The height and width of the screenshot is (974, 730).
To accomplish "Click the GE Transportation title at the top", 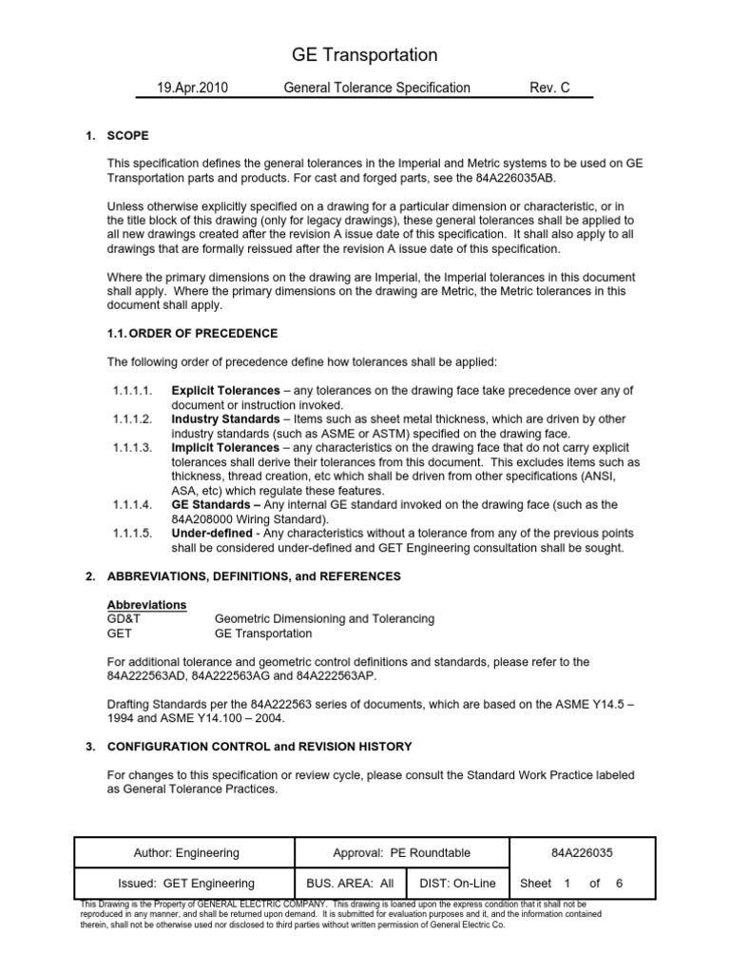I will (x=364, y=55).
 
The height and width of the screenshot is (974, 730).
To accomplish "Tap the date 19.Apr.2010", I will (x=193, y=88).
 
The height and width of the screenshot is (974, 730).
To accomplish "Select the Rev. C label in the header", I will (x=549, y=88).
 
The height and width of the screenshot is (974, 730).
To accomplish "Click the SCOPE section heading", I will (x=128, y=136).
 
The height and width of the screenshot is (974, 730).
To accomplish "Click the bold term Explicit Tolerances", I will (x=225, y=391).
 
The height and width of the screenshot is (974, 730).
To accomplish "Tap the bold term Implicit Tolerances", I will (x=225, y=448).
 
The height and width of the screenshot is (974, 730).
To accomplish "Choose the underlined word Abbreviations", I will (x=146, y=605).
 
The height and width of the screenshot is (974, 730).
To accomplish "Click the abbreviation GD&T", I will (x=125, y=619).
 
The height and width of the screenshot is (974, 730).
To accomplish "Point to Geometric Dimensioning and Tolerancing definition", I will (x=311, y=619).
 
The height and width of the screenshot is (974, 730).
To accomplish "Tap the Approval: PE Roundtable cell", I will (x=402, y=853).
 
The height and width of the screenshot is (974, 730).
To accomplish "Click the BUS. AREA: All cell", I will (x=350, y=884).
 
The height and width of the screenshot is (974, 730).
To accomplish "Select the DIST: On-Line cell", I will (x=458, y=884).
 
